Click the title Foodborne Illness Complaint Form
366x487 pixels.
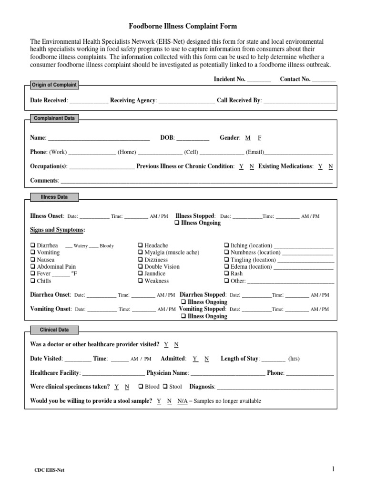(183, 26)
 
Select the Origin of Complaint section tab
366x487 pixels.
(53, 85)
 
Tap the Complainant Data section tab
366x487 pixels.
(53, 118)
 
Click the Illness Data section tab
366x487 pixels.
(54, 197)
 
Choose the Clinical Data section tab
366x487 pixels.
(54, 330)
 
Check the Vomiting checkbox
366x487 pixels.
(33, 253)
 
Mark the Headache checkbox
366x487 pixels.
(141, 245)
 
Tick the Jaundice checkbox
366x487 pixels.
(141, 274)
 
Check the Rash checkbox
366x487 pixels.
(227, 274)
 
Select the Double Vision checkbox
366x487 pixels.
(141, 267)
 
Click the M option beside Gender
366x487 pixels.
(248, 138)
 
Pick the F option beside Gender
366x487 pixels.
(260, 138)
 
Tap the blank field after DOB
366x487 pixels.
(193, 139)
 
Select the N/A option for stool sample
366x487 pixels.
(183, 401)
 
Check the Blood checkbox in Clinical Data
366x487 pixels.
(141, 387)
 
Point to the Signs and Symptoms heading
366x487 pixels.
(57, 230)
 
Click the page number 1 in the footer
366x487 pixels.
(334, 469)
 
